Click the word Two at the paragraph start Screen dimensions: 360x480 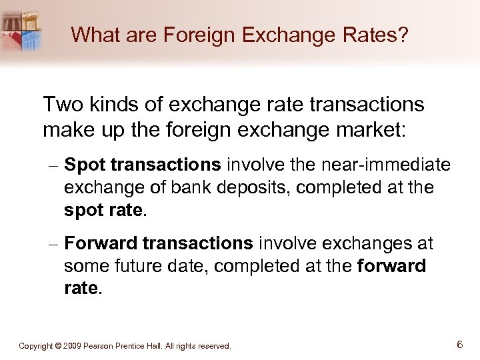pyautogui.click(x=61, y=105)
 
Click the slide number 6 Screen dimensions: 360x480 pyautogui.click(x=460, y=345)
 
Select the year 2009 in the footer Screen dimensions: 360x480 pyautogui.click(x=75, y=346)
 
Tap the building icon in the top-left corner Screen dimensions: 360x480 pyautogui.click(x=23, y=31)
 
